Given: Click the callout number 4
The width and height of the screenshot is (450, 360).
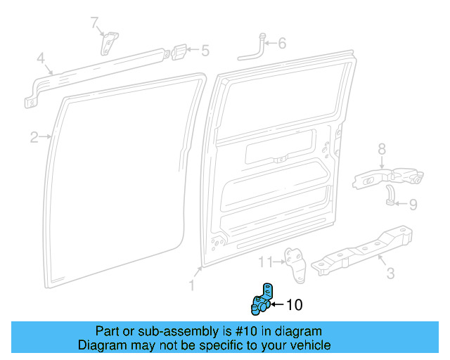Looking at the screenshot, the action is tap(41, 58).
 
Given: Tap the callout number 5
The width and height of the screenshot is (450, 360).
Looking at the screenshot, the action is tap(205, 50).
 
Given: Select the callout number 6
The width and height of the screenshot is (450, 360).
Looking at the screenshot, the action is tap(282, 44).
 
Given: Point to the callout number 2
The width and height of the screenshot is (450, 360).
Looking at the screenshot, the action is tap(34, 137).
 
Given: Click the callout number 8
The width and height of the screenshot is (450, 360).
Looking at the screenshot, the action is tap(382, 148).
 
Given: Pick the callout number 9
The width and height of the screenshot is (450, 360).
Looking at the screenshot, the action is tap(413, 205).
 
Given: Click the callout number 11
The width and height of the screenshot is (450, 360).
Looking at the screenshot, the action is tap(264, 262).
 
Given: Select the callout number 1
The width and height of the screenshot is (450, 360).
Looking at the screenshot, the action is tap(191, 285).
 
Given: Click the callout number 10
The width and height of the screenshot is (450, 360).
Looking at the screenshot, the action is tap(295, 304).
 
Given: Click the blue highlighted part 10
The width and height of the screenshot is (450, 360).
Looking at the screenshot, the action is tap(262, 300).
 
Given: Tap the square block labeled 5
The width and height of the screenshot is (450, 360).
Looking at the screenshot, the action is tap(180, 51).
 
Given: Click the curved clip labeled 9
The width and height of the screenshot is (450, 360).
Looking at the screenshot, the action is tap(389, 195).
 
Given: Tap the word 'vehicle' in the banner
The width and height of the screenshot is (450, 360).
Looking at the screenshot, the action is tap(307, 345).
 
